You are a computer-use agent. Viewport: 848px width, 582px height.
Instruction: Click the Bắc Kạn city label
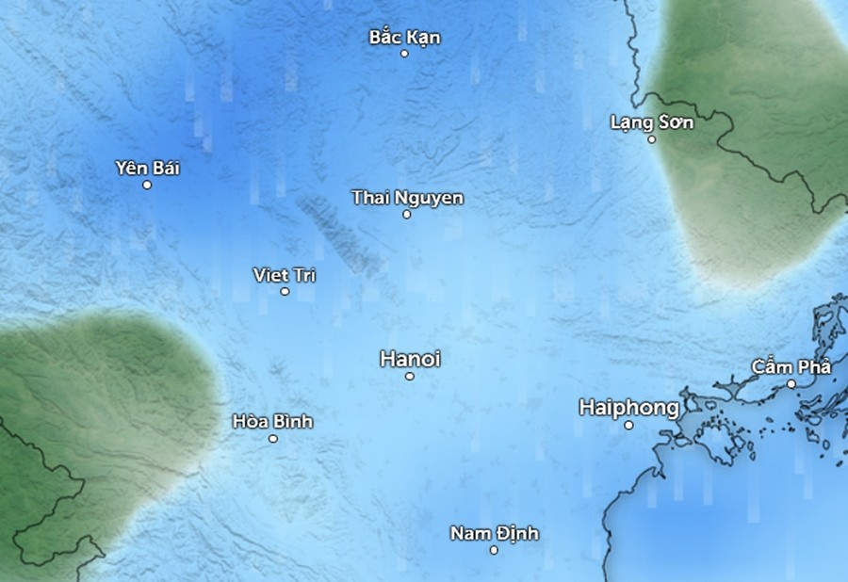404,38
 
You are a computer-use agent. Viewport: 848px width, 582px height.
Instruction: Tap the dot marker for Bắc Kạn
404,54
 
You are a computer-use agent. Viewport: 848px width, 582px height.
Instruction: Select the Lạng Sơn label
651,122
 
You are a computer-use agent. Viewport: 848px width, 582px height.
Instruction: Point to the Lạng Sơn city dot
651,139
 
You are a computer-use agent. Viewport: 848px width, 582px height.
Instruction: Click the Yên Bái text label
147,169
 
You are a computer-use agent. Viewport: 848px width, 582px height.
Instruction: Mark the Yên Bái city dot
147,185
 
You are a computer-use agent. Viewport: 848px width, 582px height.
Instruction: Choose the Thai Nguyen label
407,198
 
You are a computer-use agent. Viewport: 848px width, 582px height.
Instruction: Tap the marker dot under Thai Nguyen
407,215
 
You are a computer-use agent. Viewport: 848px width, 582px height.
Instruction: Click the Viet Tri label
285,275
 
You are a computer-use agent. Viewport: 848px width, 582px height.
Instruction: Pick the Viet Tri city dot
285,292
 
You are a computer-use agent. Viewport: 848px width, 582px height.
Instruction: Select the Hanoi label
410,359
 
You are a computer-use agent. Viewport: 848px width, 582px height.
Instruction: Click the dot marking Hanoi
410,377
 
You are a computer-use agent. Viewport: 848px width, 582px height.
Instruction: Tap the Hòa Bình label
272,421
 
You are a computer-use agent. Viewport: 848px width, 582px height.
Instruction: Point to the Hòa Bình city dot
273,438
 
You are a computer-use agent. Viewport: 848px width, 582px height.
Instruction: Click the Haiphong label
628,408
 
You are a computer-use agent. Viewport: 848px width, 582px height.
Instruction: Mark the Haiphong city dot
628,425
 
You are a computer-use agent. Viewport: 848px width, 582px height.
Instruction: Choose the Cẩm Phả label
791,367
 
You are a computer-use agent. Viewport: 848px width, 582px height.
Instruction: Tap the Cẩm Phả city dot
791,384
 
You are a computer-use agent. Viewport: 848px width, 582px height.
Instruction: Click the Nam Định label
494,534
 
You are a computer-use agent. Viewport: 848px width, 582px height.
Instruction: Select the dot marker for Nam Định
494,550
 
